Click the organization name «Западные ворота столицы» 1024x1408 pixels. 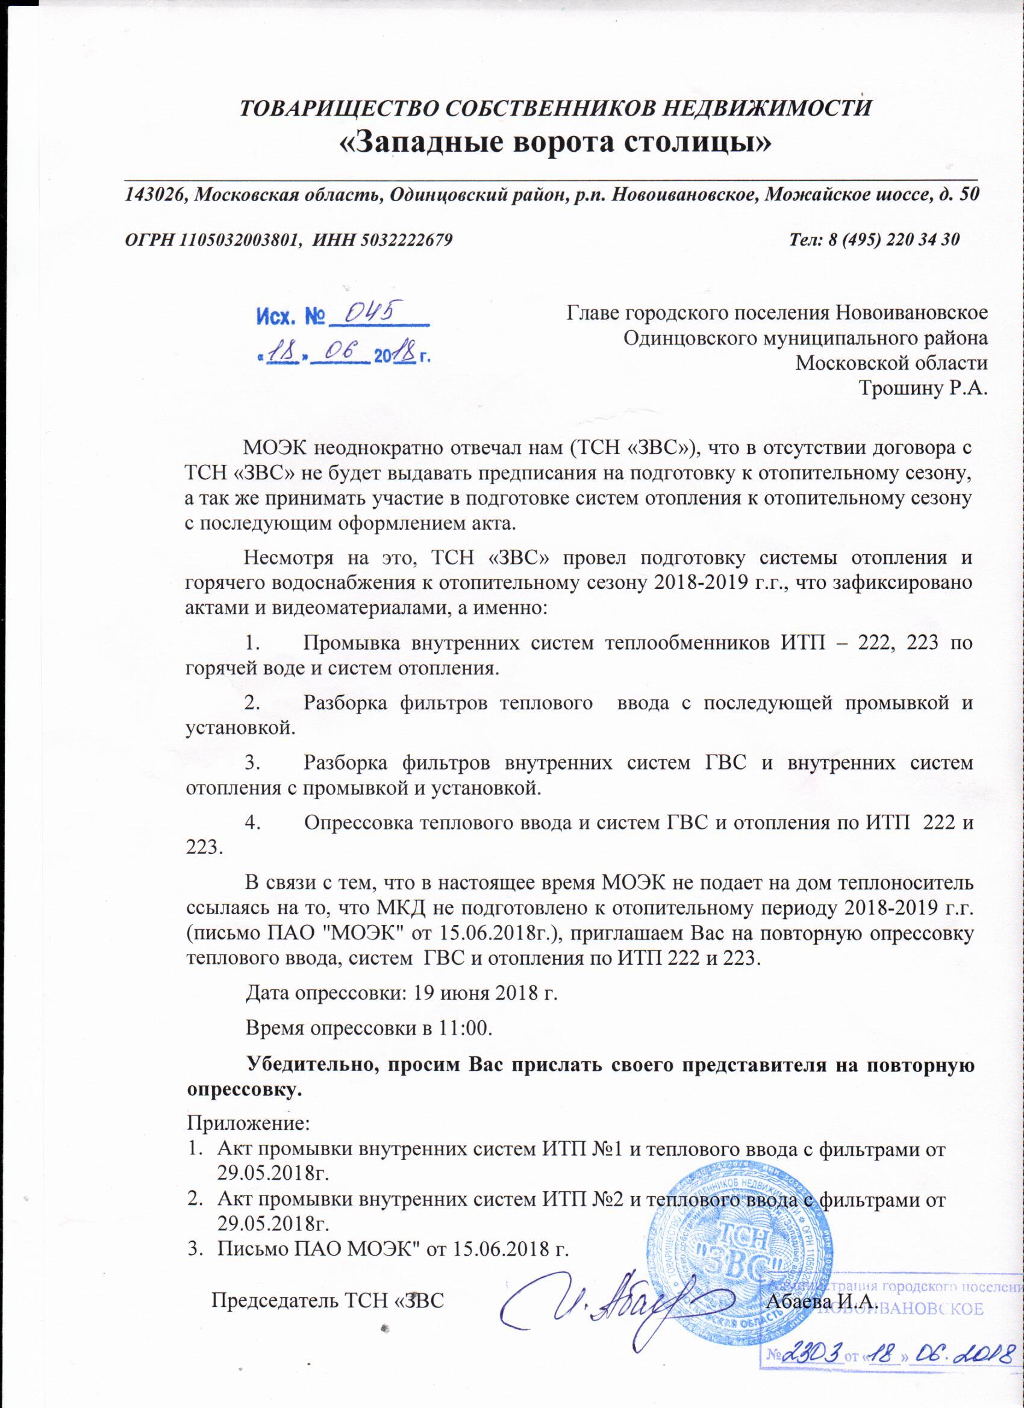555,143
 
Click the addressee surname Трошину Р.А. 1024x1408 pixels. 922,388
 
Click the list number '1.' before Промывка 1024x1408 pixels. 253,643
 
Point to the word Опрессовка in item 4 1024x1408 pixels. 357,823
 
